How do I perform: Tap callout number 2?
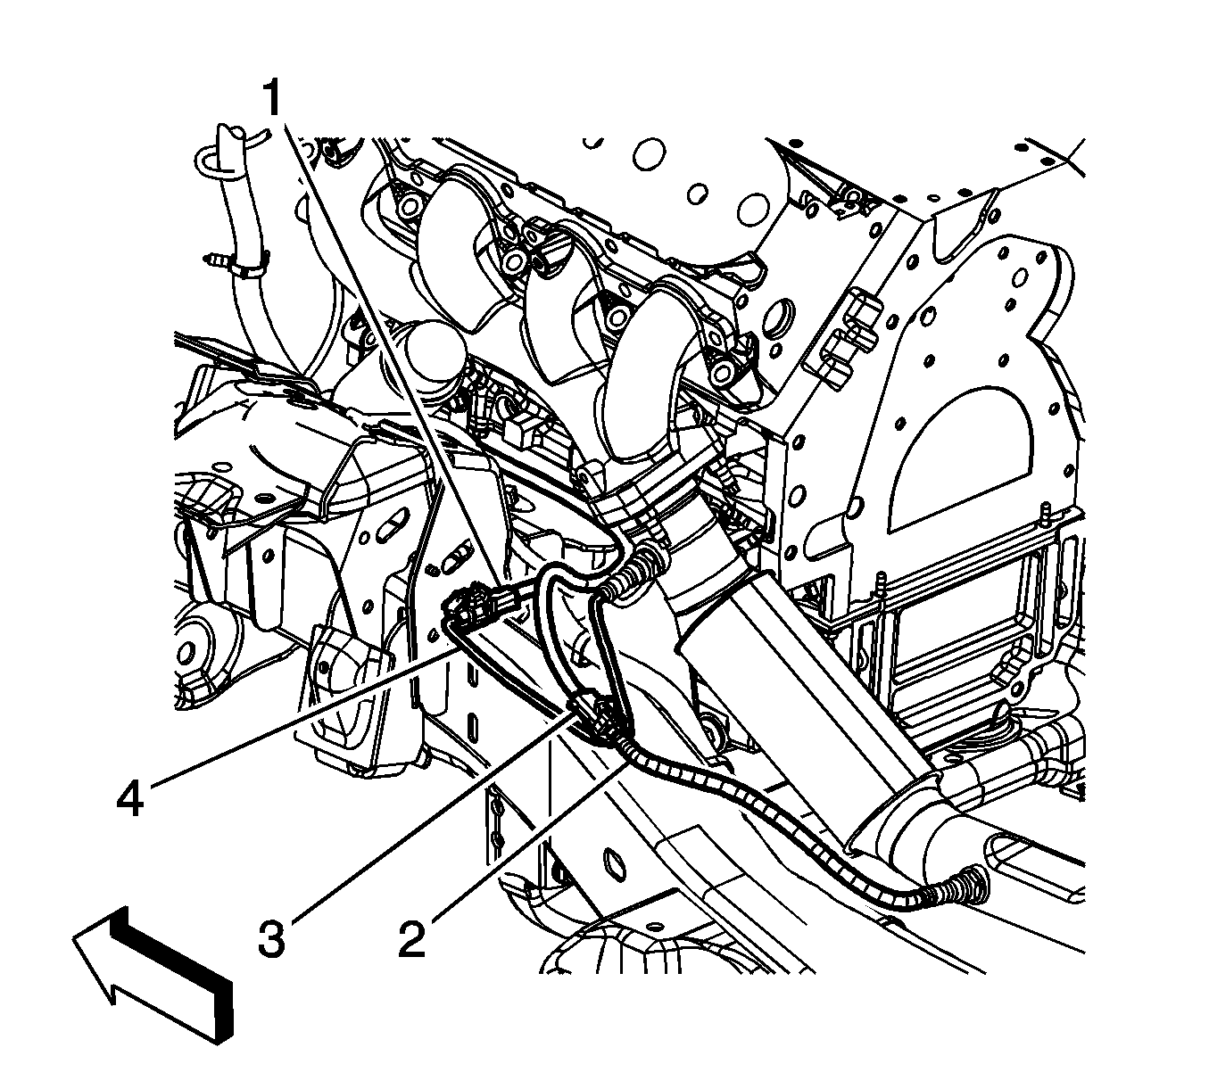(x=411, y=939)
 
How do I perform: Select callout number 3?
(x=271, y=939)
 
